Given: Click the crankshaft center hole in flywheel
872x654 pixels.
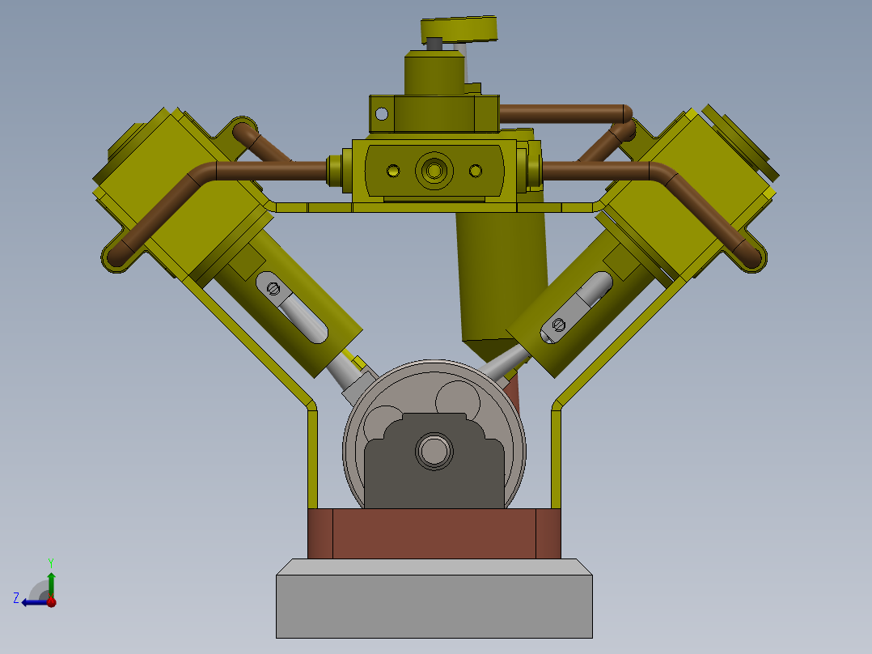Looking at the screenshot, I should point(434,451).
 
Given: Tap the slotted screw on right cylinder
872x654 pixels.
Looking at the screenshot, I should point(558,325).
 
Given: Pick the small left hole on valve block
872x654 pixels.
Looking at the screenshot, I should point(393,171).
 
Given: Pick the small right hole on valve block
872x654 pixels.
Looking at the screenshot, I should point(476,171).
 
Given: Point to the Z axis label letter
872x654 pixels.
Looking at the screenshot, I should point(16,598).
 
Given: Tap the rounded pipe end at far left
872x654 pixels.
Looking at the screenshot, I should point(115,257).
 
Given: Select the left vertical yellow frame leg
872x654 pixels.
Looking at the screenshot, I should point(311,457).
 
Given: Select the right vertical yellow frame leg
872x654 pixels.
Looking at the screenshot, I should point(557,457).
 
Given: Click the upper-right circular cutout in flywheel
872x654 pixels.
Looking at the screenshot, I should point(458,399).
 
